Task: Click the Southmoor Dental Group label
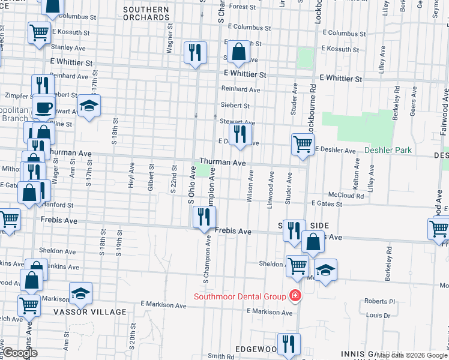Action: (240, 296)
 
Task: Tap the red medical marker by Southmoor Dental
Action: (295, 296)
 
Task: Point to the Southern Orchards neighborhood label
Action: (146, 14)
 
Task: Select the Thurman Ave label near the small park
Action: (223, 163)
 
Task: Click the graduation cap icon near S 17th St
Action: (89, 107)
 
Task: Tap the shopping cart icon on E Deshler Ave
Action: (303, 144)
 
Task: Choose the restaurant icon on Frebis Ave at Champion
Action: (205, 217)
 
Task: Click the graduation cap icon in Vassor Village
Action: (80, 294)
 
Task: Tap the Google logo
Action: (20, 353)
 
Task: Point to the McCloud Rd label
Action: (346, 196)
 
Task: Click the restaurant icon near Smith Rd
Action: (291, 344)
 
